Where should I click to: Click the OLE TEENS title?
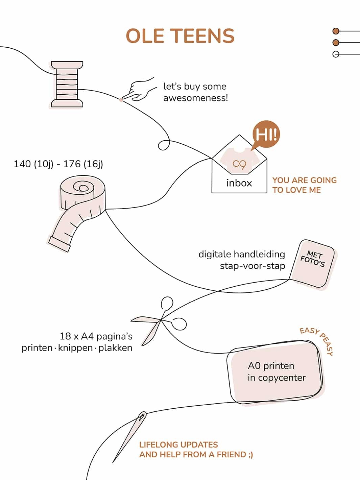coord(180,36)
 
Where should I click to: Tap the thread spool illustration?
coord(67,85)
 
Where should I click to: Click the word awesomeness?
coord(195,98)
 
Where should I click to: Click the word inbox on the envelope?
coord(239,183)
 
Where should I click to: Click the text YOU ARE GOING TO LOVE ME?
coord(304,185)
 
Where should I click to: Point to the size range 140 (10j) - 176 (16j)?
coord(58,164)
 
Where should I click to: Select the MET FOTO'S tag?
coord(313,264)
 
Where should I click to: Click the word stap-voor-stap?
coord(252,266)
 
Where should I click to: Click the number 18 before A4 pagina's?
coord(65,336)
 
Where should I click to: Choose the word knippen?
coord(75,348)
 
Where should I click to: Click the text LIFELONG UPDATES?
coord(178,445)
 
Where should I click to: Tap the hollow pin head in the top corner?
coord(336,54)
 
